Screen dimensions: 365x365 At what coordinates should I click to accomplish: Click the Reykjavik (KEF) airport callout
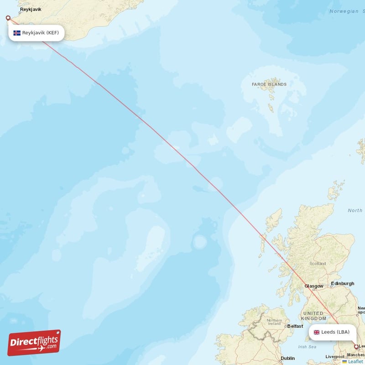[36, 33]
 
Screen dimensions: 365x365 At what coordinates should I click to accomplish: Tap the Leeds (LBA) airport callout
[332, 332]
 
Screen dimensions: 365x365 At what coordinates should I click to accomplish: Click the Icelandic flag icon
[17, 33]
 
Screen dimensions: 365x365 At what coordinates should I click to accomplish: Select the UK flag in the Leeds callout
[317, 332]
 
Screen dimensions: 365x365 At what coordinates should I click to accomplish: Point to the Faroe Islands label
[269, 84]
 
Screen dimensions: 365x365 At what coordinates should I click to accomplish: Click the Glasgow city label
[314, 286]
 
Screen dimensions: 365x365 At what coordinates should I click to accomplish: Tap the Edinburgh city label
[343, 283]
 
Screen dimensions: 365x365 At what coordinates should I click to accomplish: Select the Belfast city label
[295, 326]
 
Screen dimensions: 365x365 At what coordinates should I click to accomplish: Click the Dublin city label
[287, 359]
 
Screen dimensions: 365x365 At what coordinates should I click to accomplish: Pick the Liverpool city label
[335, 357]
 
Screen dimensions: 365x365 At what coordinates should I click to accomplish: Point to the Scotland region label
[318, 263]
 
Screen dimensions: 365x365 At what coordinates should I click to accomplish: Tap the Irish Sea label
[307, 347]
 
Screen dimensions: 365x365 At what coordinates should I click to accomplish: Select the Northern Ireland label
[274, 323]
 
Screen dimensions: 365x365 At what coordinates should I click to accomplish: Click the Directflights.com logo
[34, 343]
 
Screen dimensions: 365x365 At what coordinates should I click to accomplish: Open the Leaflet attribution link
[355, 361]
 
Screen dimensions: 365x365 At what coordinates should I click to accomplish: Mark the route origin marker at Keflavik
[8, 18]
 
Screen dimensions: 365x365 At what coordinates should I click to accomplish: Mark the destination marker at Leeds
[356, 347]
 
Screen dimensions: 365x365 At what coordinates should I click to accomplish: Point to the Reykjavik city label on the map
[31, 9]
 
